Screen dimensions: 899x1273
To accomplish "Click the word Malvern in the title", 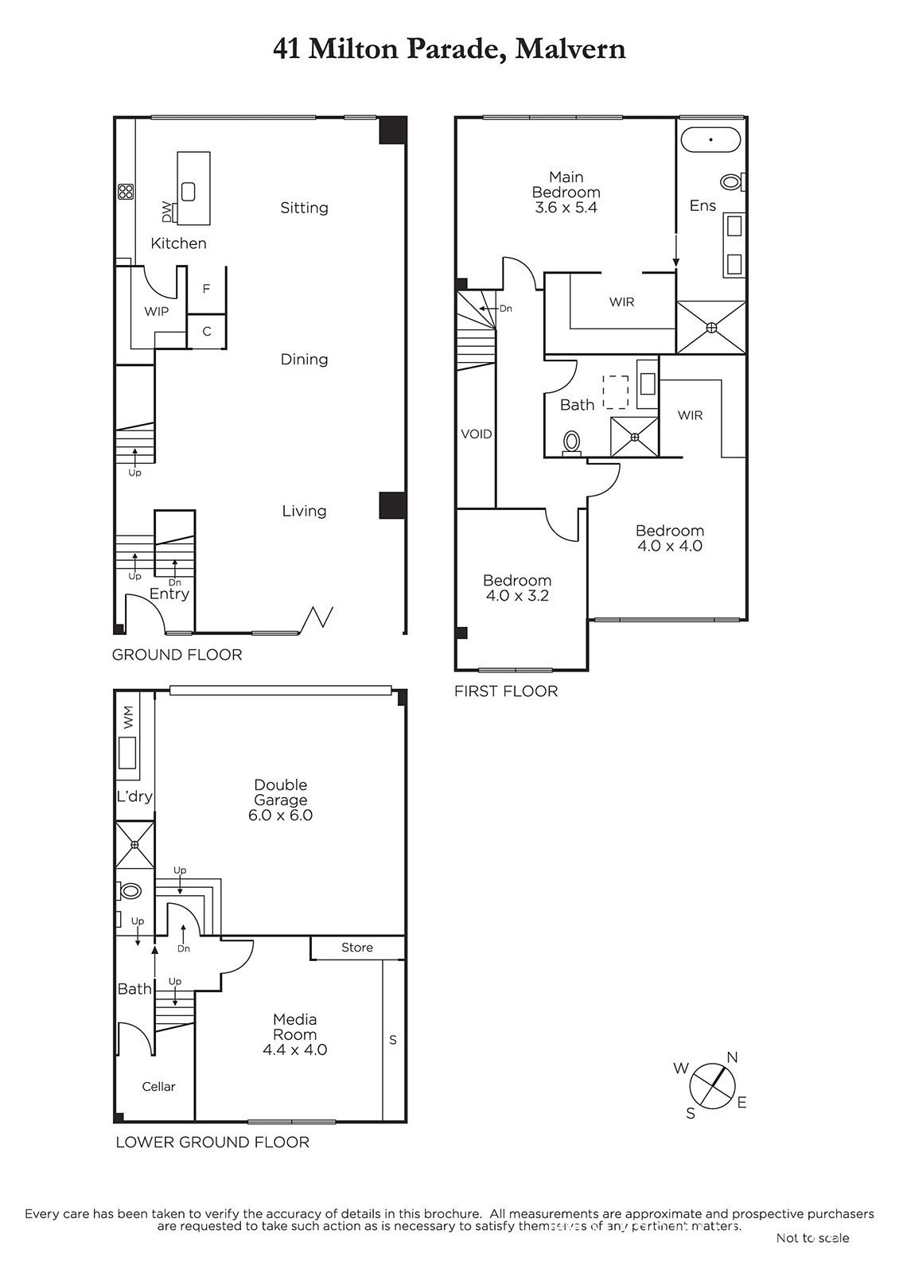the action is click(570, 49).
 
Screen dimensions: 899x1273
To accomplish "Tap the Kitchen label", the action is click(178, 243).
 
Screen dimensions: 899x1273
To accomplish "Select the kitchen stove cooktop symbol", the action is click(126, 192).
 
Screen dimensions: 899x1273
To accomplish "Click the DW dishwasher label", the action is click(166, 213).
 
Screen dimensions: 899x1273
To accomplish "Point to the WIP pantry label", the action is click(156, 311).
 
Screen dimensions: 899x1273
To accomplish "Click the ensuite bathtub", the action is click(711, 139).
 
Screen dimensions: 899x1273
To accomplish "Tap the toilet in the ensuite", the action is click(733, 182).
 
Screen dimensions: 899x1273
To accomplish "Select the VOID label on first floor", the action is click(477, 434).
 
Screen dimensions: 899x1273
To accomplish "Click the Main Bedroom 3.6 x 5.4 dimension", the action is click(566, 208).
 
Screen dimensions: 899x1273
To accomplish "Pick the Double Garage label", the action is click(281, 792).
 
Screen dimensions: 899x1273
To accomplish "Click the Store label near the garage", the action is click(357, 948).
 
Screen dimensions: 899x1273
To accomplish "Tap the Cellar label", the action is click(158, 1087).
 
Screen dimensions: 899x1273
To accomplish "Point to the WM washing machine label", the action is click(128, 717).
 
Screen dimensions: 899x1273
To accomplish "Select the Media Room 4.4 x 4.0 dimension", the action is click(295, 1049).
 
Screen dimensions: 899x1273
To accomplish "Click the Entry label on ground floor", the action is click(169, 594).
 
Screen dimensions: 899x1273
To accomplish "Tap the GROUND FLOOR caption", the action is click(177, 655).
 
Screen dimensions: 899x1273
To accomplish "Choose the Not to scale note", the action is click(812, 1238).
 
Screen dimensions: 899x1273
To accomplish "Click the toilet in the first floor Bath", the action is click(571, 443).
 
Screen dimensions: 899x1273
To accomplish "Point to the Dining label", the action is click(304, 359).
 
